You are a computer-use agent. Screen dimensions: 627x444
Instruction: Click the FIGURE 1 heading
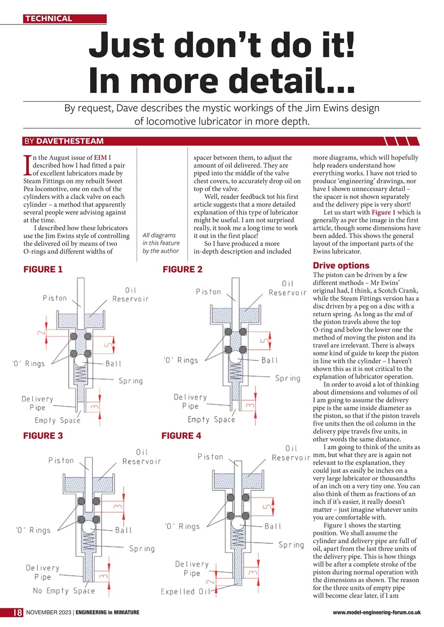click(43, 269)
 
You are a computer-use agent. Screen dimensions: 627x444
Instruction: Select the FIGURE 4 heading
click(182, 435)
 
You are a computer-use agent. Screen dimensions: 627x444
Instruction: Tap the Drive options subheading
click(341, 265)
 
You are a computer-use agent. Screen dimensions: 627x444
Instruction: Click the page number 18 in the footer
click(16, 612)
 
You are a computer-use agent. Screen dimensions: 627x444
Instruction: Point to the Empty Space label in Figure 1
click(57, 420)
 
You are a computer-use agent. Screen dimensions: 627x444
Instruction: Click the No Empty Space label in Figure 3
click(64, 591)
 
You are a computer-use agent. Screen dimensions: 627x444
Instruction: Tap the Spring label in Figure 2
click(287, 378)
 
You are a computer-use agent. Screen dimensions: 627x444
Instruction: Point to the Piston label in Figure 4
click(210, 457)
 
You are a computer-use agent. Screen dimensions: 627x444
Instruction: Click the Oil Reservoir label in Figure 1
click(130, 294)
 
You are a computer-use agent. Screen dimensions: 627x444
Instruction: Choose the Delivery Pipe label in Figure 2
click(190, 401)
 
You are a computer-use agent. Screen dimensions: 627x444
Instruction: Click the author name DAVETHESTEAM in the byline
click(70, 142)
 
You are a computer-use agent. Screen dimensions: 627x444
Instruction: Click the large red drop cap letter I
click(26, 165)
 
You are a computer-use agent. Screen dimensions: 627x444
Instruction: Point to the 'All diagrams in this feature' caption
click(161, 243)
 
